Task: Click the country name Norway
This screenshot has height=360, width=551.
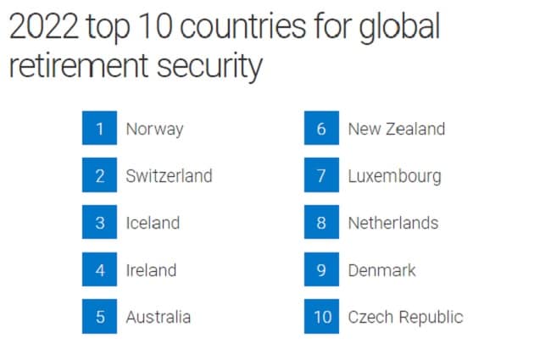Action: click(154, 130)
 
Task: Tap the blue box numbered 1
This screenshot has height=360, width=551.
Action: click(99, 130)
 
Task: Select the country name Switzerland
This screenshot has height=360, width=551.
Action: click(169, 176)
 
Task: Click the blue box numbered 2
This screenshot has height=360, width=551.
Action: click(99, 176)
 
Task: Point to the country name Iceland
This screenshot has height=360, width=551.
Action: click(153, 223)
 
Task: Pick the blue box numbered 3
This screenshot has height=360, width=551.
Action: click(99, 223)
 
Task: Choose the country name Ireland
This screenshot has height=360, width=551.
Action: click(151, 270)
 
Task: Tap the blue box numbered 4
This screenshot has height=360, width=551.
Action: click(99, 270)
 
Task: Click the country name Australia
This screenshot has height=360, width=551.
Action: click(158, 318)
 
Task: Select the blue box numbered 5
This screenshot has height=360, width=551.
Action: click(99, 318)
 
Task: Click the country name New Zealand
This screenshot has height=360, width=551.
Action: click(396, 130)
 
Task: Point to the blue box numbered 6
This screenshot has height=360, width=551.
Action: click(321, 130)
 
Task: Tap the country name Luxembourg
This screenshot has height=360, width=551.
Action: click(394, 176)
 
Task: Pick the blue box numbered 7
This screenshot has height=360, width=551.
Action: click(321, 176)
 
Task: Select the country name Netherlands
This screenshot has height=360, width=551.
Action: click(392, 223)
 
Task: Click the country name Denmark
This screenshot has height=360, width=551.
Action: click(381, 270)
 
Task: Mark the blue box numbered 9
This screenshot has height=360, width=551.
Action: click(321, 270)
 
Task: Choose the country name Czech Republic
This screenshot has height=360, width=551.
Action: click(405, 318)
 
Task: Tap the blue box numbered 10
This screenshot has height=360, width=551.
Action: click(321, 318)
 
